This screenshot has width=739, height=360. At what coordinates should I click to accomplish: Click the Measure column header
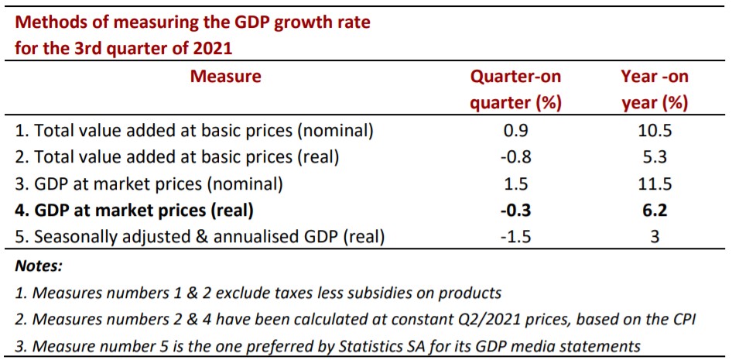225,77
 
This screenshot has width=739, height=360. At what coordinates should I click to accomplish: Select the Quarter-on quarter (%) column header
516,90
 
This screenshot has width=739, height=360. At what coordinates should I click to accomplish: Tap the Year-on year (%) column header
654,90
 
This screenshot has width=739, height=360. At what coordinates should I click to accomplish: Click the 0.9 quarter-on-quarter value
515,131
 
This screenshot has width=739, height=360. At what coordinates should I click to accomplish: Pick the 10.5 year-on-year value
654,131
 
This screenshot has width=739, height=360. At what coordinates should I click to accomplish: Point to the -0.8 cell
515,158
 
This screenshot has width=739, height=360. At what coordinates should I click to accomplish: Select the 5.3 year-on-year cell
654,158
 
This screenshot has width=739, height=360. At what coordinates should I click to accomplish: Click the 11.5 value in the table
654,184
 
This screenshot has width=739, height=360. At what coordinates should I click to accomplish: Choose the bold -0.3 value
515,211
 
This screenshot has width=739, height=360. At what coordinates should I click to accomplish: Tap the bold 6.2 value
654,211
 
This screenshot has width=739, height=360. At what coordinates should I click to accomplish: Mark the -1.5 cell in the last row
515,237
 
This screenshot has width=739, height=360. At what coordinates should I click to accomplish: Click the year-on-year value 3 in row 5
655,237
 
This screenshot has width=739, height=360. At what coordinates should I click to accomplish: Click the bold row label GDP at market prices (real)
135,211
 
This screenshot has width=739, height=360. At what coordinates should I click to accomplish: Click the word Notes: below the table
39,266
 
